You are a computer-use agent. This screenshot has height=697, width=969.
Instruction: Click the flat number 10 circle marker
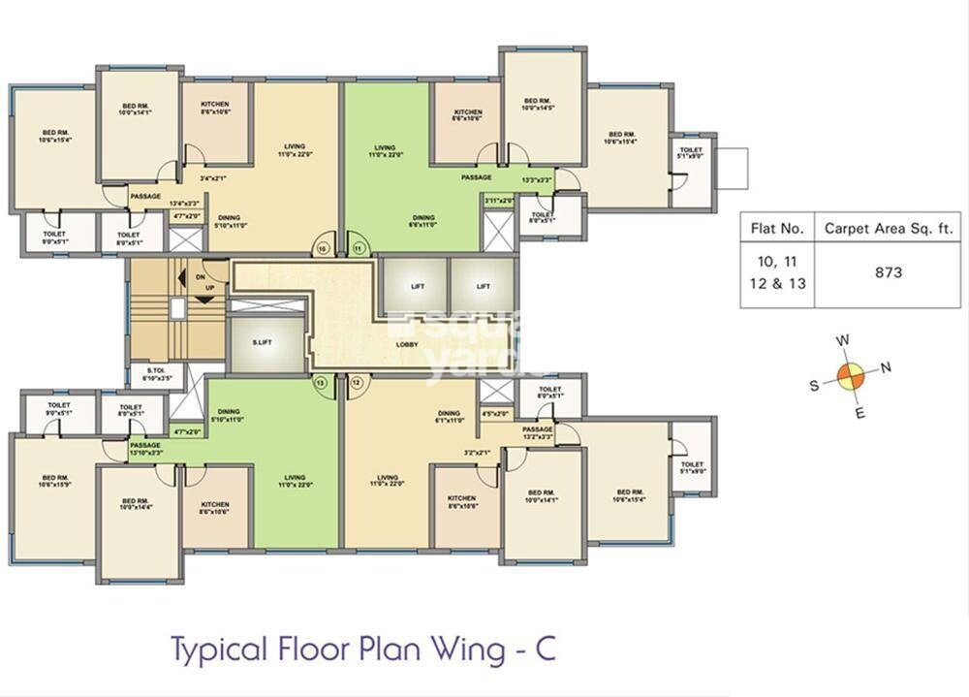click(323, 248)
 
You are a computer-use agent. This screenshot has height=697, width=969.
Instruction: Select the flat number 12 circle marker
click(357, 383)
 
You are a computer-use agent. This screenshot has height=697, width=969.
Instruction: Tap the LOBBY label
click(407, 344)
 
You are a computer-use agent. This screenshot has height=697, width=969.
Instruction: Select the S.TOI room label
click(157, 374)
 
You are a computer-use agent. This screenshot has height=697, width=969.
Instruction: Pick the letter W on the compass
click(844, 340)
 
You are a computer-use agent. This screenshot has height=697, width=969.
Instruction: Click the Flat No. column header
click(777, 230)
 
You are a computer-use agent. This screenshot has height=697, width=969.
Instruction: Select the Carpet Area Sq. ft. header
click(888, 230)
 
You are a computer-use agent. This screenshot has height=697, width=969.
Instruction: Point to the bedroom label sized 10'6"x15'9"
click(55, 483)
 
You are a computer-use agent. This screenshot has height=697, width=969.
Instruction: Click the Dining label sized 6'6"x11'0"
click(423, 221)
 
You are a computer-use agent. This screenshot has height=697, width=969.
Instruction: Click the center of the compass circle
click(850, 376)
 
